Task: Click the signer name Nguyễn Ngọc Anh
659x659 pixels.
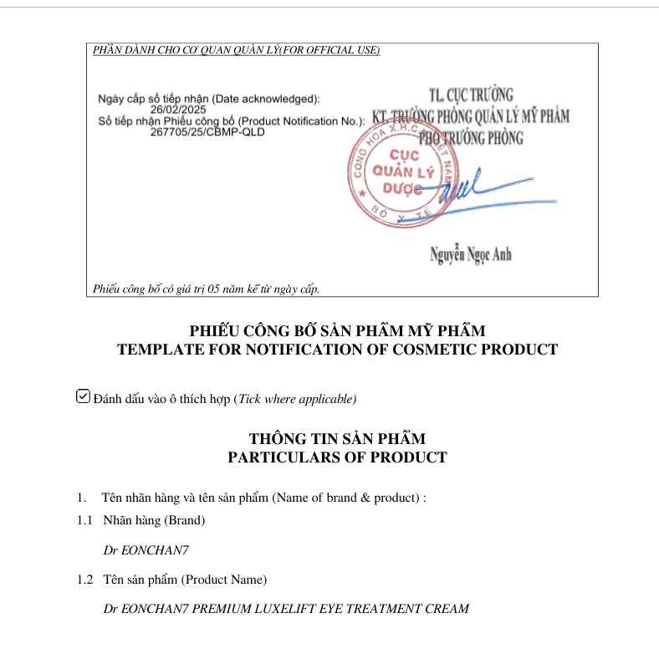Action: [471, 254]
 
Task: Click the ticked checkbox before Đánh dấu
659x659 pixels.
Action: [83, 396]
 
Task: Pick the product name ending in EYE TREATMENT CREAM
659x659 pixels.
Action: [286, 609]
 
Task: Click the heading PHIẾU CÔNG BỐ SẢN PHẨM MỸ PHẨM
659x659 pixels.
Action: [337, 331]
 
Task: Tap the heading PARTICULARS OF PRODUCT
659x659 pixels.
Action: [337, 457]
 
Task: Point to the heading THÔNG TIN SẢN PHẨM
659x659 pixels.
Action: [337, 439]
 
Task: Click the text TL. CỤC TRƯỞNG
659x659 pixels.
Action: [470, 95]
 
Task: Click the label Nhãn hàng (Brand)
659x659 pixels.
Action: [154, 520]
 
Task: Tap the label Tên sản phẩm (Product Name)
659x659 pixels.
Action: [185, 579]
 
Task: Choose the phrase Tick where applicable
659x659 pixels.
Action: [297, 399]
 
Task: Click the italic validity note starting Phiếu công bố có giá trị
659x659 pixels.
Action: [207, 289]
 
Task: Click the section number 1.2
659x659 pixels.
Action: [85, 579]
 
